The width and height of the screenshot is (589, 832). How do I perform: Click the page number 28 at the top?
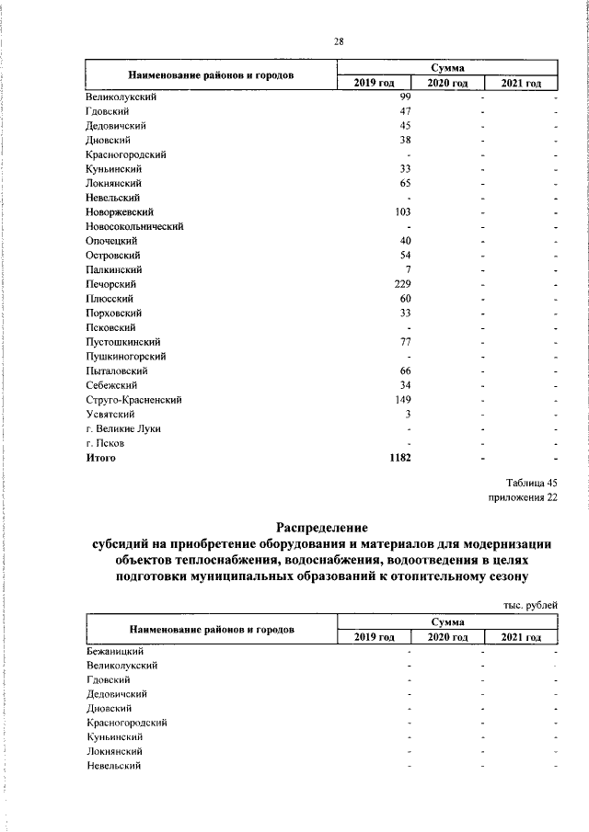(x=339, y=41)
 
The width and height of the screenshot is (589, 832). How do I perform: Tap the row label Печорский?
(x=109, y=284)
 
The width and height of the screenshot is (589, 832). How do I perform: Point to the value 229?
(x=402, y=284)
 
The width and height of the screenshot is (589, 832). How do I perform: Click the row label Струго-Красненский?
(x=133, y=400)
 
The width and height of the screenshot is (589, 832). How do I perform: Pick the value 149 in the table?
(x=402, y=400)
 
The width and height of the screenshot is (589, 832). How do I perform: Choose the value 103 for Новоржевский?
(x=402, y=211)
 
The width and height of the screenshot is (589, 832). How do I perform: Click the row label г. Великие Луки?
(x=122, y=428)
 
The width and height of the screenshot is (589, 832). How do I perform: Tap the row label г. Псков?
(x=105, y=443)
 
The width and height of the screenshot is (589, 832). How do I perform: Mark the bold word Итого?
(x=101, y=457)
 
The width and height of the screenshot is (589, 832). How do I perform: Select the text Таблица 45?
(x=532, y=483)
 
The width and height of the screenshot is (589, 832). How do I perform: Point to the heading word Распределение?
(x=322, y=528)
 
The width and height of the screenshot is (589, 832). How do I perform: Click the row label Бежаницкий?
(x=115, y=651)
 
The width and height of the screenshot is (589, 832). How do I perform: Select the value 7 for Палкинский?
(x=407, y=269)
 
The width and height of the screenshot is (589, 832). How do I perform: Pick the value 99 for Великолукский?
(x=404, y=97)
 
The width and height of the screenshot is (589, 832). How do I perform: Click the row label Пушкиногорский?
(x=124, y=356)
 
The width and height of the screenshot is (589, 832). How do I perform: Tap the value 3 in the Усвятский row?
(x=407, y=414)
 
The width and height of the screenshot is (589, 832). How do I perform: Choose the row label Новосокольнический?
(x=134, y=226)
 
